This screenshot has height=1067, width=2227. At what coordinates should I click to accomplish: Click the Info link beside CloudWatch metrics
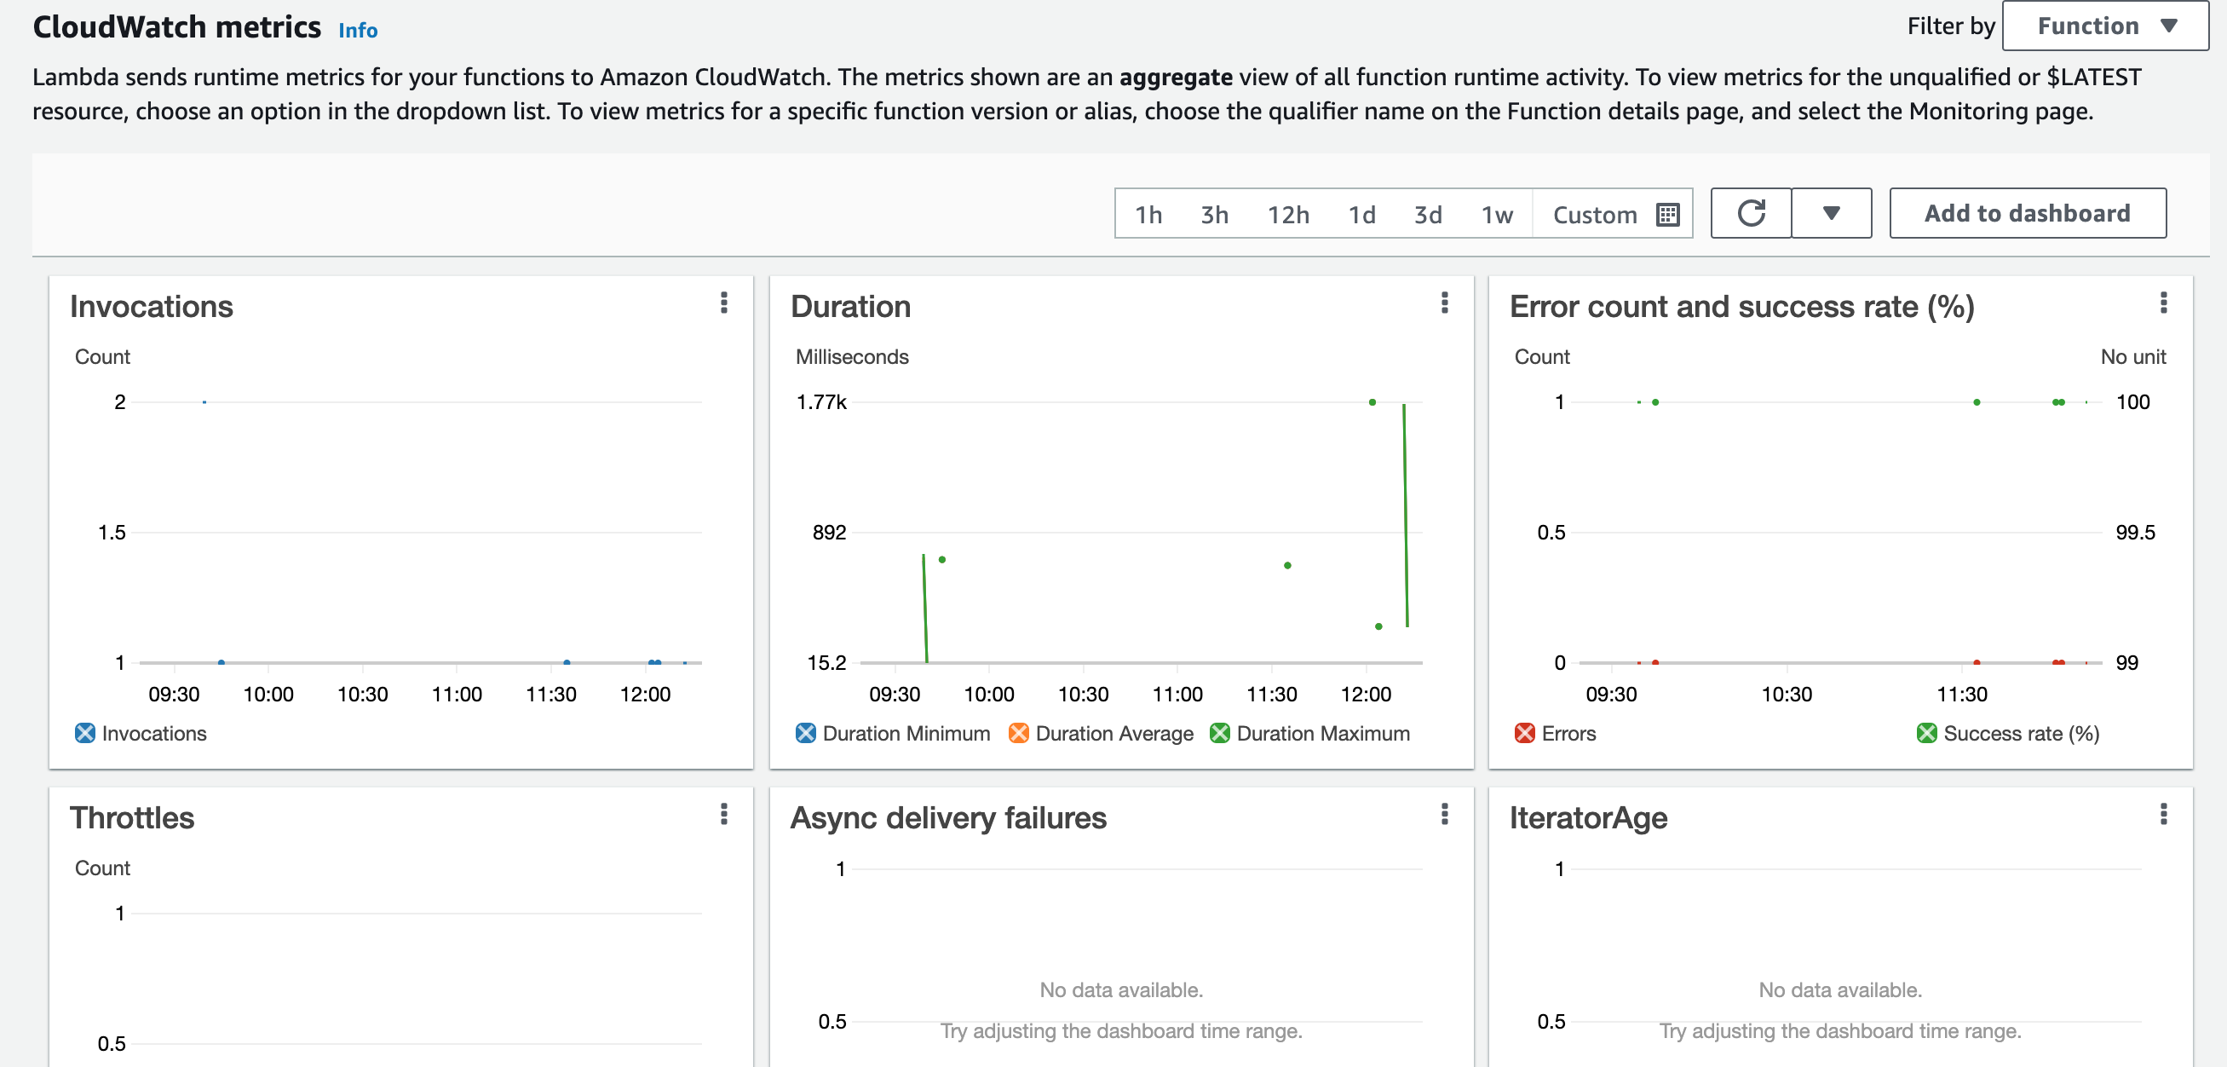click(357, 31)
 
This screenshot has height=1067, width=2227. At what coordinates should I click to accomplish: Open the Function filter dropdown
click(2104, 26)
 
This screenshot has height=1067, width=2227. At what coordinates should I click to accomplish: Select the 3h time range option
click(1213, 214)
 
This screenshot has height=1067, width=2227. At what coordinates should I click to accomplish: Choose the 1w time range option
click(1496, 214)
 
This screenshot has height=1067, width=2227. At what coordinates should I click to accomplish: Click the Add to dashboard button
click(2027, 213)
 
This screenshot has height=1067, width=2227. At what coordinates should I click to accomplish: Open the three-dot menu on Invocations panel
click(723, 303)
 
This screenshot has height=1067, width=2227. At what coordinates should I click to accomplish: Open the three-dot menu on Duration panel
click(1444, 303)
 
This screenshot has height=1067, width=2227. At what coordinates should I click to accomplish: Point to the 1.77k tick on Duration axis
click(821, 402)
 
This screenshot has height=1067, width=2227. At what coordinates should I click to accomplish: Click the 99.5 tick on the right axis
click(2134, 533)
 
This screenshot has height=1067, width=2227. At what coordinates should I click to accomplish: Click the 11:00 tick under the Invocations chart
click(457, 695)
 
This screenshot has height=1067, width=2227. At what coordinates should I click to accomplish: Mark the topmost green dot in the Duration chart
click(1372, 402)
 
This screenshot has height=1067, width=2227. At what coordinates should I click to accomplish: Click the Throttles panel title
click(132, 818)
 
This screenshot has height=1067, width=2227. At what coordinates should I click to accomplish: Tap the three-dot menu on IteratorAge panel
click(2163, 814)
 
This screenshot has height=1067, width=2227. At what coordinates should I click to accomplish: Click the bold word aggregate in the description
click(1175, 78)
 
